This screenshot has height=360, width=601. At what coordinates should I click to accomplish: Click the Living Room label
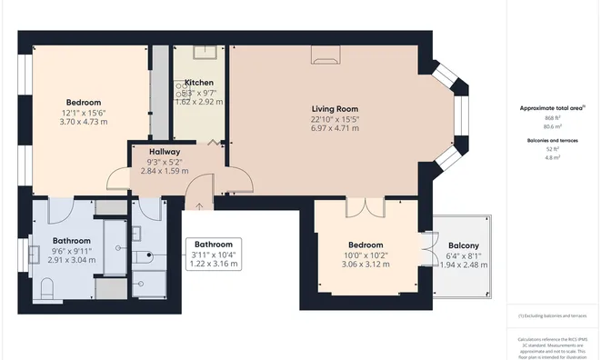[x=335, y=108]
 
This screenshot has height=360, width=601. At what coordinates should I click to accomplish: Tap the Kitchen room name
[x=198, y=82]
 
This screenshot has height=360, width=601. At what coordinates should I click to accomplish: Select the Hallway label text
[x=165, y=152]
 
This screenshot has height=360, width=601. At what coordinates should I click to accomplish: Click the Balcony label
[x=463, y=245]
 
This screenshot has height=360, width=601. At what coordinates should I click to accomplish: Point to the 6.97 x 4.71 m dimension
[x=335, y=128]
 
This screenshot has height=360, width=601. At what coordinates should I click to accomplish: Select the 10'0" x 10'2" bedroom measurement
[x=366, y=255]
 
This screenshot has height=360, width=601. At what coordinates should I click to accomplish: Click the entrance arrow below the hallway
[x=200, y=205]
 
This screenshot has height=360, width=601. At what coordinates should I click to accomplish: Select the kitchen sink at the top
[x=198, y=52]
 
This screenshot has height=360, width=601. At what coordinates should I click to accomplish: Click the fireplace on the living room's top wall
[x=326, y=57]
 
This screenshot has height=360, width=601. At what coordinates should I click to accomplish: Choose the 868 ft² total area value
[x=552, y=118]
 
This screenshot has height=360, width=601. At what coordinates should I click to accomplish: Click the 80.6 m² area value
[x=552, y=128]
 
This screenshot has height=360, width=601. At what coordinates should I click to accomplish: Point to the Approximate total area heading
[x=552, y=107]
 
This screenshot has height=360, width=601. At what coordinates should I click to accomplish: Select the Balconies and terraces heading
[x=552, y=140]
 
